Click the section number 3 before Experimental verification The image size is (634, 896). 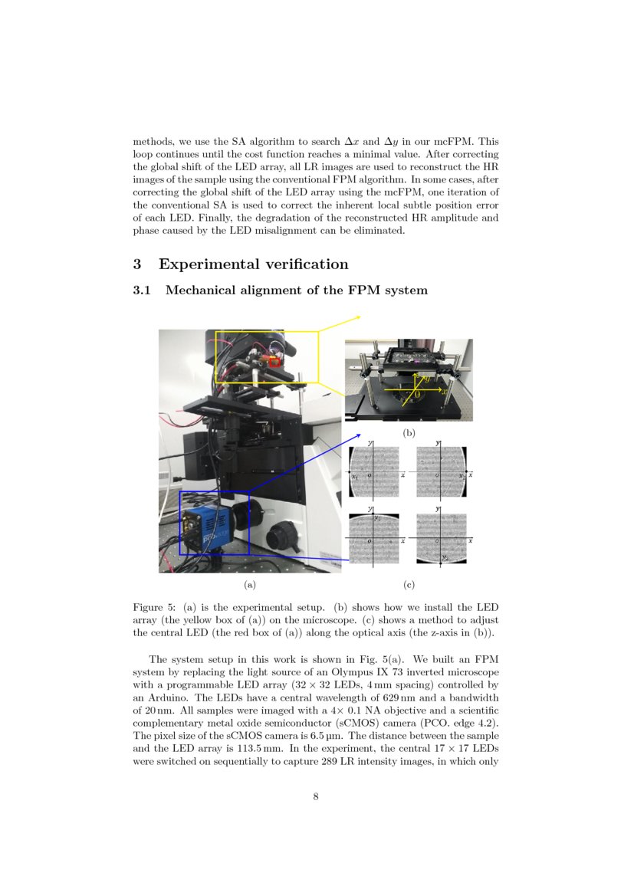click(x=137, y=264)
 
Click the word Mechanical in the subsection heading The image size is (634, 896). click(x=202, y=290)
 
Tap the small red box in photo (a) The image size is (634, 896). click(x=274, y=360)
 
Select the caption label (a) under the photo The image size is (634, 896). click(x=249, y=585)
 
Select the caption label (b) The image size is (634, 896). click(x=409, y=433)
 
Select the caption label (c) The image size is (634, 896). click(x=409, y=585)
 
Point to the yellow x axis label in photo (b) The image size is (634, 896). click(x=444, y=390)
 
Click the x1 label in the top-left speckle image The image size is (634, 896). click(x=354, y=478)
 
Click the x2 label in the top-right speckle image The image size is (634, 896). click(x=461, y=476)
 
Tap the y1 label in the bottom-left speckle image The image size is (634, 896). click(x=377, y=519)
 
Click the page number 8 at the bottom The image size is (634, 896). click(x=316, y=796)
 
